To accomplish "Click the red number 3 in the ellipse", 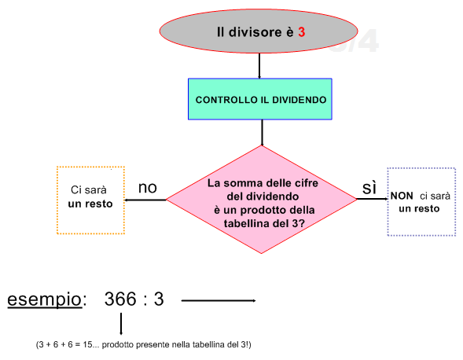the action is [x=302, y=32].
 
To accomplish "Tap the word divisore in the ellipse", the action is [x=255, y=32].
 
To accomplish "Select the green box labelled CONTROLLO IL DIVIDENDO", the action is [x=260, y=99].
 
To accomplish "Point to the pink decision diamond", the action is [x=262, y=200].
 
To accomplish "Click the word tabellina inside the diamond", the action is [x=247, y=223].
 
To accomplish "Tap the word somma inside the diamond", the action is [x=243, y=183].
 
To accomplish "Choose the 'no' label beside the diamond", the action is [x=147, y=188].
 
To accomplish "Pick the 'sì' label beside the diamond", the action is [x=369, y=188].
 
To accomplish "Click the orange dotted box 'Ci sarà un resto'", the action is [x=90, y=200].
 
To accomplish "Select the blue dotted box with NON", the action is [x=421, y=202].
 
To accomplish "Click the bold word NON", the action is [x=402, y=196].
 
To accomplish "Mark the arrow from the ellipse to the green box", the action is [x=259, y=66].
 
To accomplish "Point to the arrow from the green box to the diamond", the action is [x=262, y=133].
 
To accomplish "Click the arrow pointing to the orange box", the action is [x=145, y=200].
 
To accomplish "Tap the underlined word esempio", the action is [x=45, y=299].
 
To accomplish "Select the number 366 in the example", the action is [x=120, y=299].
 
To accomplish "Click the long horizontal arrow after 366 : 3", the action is [x=219, y=300].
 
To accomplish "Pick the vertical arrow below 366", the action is [x=121, y=324].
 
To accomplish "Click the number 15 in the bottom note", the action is [x=88, y=344].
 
